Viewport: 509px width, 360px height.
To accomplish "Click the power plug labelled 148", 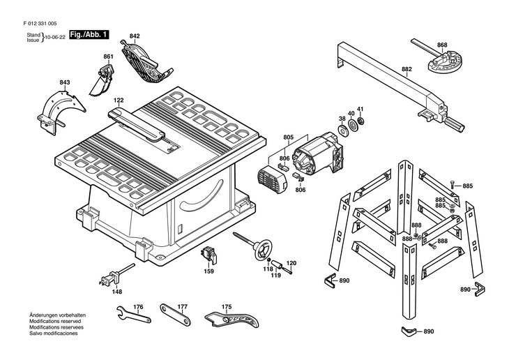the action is click(111, 277).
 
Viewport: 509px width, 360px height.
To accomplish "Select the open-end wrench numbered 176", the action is click(133, 314).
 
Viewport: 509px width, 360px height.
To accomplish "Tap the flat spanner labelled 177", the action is click(175, 315).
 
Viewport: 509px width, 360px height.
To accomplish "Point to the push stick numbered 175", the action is click(231, 320).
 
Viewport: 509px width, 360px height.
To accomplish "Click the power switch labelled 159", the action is click(208, 255).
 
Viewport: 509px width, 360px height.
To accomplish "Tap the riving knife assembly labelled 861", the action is click(102, 80).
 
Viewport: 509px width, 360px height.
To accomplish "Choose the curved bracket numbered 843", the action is click(60, 112).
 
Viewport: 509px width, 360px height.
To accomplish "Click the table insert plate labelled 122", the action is click(137, 125).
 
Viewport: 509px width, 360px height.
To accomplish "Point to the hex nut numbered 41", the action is click(360, 121).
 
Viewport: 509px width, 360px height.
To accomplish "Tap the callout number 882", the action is click(407, 69).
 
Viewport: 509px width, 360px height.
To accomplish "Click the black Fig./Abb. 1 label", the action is click(89, 35).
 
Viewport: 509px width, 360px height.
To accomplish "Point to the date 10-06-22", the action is click(55, 38).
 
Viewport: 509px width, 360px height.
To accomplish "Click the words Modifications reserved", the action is click(55, 321).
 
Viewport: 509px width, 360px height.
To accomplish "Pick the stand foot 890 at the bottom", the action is click(410, 331).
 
